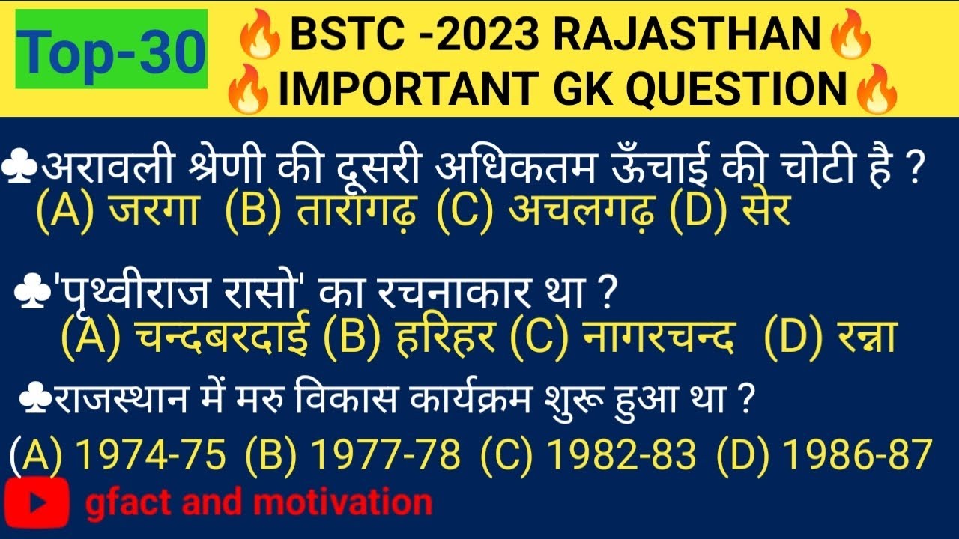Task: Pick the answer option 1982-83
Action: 622,454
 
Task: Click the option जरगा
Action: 153,212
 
